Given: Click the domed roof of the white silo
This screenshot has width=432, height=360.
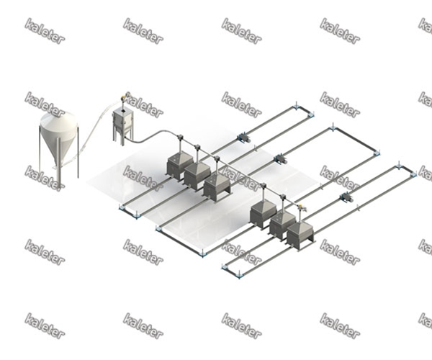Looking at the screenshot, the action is [x=58, y=120].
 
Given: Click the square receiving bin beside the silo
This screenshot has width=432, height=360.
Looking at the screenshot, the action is [x=123, y=125].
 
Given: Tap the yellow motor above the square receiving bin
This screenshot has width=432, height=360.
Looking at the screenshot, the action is [x=124, y=98].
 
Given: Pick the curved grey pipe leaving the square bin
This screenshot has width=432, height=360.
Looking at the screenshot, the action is [x=154, y=136].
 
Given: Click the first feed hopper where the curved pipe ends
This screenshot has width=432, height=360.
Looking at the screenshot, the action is [x=177, y=166].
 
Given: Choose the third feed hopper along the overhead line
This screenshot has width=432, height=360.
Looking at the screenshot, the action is [x=217, y=186].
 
